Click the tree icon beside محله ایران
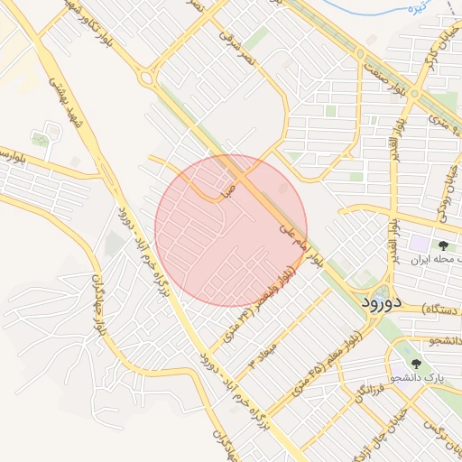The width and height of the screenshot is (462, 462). (444, 245)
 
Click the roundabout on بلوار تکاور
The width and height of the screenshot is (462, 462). (146, 77)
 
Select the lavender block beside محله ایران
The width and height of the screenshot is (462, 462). (420, 243)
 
